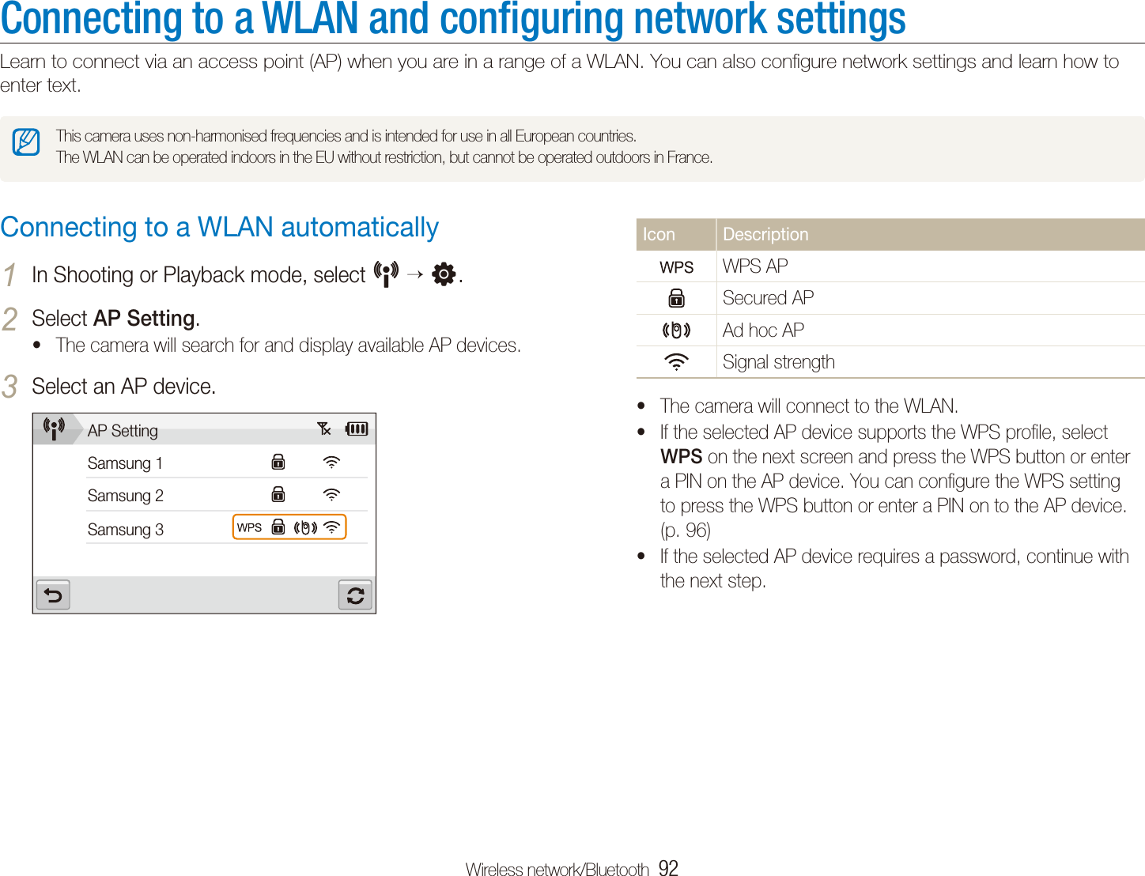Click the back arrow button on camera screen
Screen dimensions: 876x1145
53,595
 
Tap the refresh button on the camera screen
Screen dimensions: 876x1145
355,595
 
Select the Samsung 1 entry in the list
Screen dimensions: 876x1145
125,463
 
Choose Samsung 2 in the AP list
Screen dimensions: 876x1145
125,496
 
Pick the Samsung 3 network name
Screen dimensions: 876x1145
125,530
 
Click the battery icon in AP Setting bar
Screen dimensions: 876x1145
357,429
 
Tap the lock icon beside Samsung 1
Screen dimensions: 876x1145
278,462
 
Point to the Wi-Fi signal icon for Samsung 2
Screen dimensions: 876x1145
331,495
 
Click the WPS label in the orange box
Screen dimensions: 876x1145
249,527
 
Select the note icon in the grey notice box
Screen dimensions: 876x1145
26,142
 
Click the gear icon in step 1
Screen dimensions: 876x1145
444,274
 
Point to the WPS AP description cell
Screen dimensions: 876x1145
755,266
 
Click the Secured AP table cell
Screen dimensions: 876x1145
768,298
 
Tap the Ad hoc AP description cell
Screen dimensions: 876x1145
763,330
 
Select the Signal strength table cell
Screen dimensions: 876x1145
778,362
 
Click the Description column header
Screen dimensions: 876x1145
765,235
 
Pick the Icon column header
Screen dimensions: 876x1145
659,235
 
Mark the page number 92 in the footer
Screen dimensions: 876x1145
668,868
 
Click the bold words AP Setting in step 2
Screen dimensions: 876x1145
144,318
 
